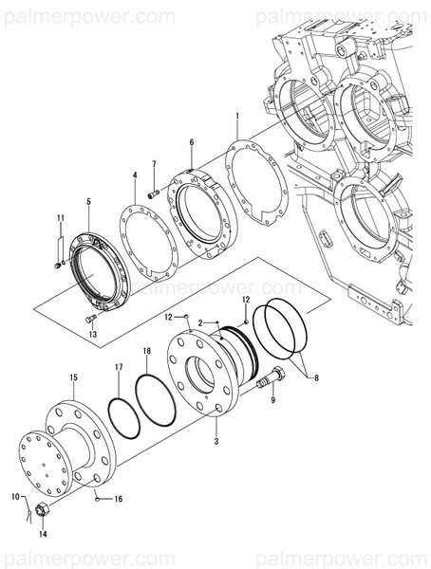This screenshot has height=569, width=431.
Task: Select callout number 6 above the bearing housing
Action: tap(191, 142)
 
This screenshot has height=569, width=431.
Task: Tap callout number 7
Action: tap(154, 164)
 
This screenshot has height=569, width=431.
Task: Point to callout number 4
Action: tap(135, 175)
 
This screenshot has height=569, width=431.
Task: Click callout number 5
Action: tap(88, 201)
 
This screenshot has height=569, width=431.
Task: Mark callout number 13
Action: tap(93, 334)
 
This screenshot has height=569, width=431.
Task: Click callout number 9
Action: tap(273, 400)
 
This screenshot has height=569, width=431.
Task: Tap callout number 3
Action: tap(215, 442)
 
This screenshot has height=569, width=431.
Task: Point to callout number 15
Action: tap(73, 377)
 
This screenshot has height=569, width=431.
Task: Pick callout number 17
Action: tap(119, 366)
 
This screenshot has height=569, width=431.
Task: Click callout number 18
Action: tap(146, 352)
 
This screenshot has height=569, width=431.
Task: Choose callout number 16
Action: tap(119, 498)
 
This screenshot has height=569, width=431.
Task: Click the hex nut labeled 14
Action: tap(41, 513)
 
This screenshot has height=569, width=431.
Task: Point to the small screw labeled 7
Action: tap(151, 193)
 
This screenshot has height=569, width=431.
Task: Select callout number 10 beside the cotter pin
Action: tap(14, 496)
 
